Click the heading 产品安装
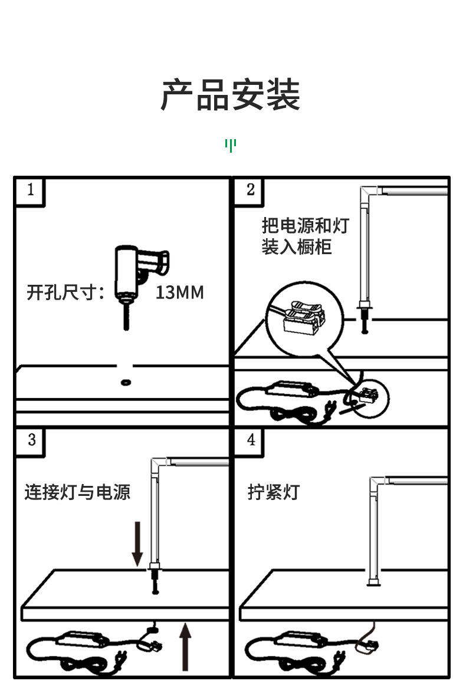pyautogui.click(x=231, y=95)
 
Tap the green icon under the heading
pyautogui.click(x=231, y=145)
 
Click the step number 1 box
pyautogui.click(x=31, y=190)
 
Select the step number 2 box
pyautogui.click(x=251, y=190)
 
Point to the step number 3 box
pyautogui.click(x=31, y=440)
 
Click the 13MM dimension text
pyautogui.click(x=179, y=292)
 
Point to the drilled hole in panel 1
pyautogui.click(x=125, y=382)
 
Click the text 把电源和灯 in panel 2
pyautogui.click(x=306, y=225)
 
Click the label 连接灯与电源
pyautogui.click(x=77, y=492)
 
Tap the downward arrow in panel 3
pyautogui.click(x=137, y=541)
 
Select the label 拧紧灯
pyautogui.click(x=273, y=492)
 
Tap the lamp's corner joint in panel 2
pyautogui.click(x=368, y=193)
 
